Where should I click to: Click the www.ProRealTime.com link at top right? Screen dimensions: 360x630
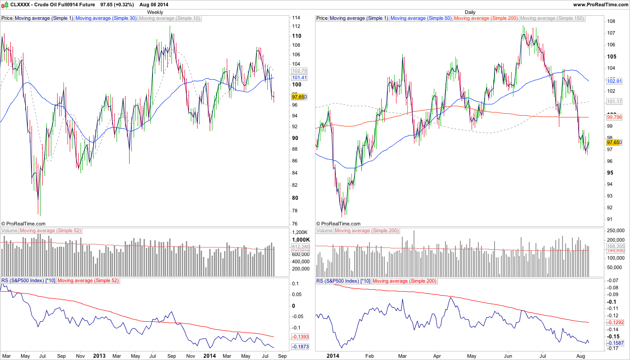coord(600,4)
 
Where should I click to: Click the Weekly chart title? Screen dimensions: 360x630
coord(155,12)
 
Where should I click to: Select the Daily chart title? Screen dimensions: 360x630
coord(470,12)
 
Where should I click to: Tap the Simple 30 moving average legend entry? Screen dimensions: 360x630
coord(106,18)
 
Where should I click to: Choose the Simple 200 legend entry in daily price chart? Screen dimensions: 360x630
coord(486,18)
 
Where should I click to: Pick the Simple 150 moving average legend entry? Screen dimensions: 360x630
coord(552,18)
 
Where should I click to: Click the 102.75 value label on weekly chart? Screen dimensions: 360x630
coord(299,71)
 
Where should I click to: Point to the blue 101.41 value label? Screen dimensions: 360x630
coord(299,77)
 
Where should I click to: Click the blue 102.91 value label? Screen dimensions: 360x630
coord(614,81)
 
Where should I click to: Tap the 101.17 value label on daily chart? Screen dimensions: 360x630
coord(614,101)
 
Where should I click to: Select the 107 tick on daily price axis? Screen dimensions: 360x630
coord(612,33)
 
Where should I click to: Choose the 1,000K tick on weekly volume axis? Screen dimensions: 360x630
coord(301,240)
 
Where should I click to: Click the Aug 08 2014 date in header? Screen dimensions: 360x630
coord(154,4)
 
